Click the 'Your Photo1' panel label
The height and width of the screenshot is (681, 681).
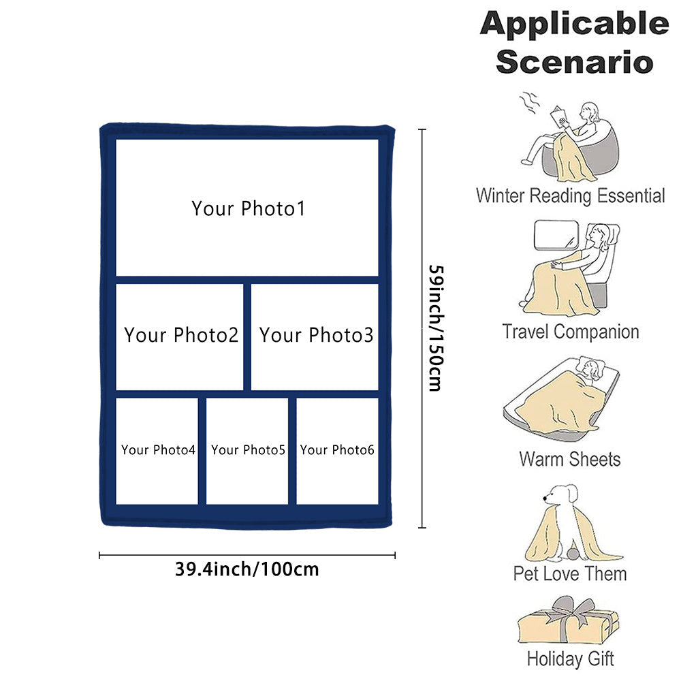coord(248,208)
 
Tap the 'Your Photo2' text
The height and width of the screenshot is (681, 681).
coord(181,335)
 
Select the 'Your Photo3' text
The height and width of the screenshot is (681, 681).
coord(316,335)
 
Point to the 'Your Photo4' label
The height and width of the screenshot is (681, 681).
coord(158,450)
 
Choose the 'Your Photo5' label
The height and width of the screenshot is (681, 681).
coord(248,450)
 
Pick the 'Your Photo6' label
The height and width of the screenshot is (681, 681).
coord(337,450)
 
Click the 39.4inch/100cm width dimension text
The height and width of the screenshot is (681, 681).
coord(247,569)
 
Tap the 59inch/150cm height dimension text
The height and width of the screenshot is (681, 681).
coord(434,328)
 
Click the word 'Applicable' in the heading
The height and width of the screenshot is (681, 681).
coord(573,25)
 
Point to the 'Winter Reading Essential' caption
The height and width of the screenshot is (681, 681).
coord(570,196)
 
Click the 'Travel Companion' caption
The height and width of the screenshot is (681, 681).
coord(571,332)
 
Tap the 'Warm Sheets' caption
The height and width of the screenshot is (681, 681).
coord(570,458)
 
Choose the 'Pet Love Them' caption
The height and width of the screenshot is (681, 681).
coord(570,573)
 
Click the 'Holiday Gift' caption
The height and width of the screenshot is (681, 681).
coord(570,659)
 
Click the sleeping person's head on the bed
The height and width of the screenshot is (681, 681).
coord(590,369)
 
